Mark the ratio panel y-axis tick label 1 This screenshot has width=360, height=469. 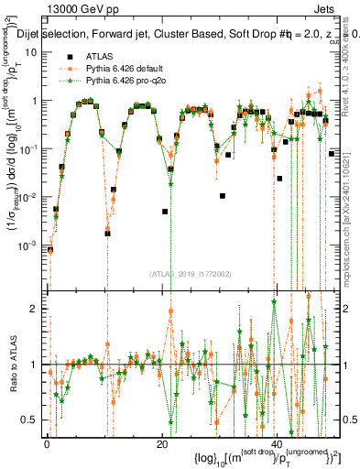point(36,365)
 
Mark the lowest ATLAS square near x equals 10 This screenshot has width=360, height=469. point(107,234)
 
